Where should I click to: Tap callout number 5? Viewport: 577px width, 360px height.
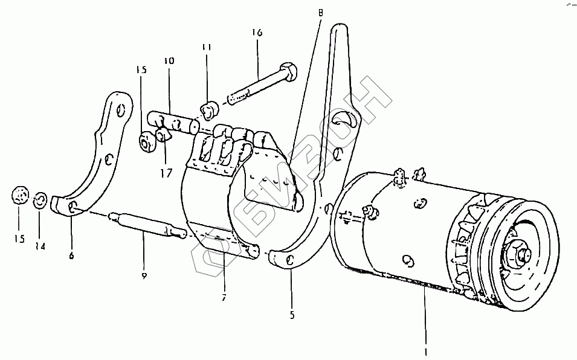pos(292,314)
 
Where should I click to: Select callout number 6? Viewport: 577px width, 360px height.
pos(71,256)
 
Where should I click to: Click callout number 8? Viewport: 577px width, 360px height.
pos(320,11)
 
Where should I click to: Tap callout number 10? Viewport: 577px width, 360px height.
pos(169,62)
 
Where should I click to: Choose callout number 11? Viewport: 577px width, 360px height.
pos(206,46)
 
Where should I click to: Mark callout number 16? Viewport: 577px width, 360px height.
pos(258,33)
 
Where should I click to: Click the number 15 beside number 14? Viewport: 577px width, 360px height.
pos(20,238)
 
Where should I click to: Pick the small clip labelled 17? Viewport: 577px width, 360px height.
pos(163,133)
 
